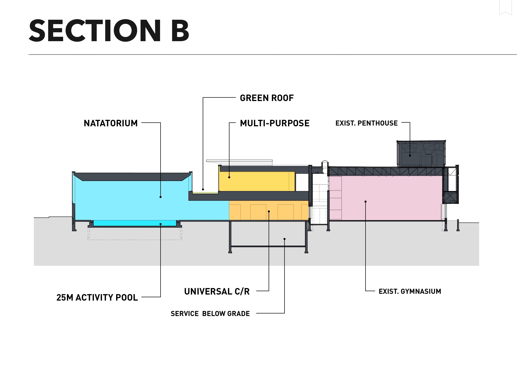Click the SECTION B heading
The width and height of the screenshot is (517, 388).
pos(109,31)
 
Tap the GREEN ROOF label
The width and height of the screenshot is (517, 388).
pos(267,98)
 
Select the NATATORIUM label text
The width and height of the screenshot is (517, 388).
pos(111,123)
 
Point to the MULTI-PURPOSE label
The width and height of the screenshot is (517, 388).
pos(275,123)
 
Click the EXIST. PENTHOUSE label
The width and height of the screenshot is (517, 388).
pos(366,123)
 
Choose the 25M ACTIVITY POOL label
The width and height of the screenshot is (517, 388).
pos(97,298)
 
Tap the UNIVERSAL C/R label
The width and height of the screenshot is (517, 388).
pos(217,292)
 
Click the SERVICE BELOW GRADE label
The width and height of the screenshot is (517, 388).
pos(210,314)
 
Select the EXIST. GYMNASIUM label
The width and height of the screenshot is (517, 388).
pos(410,292)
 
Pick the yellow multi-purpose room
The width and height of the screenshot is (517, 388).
pos(255,182)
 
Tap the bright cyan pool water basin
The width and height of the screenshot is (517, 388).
pos(135,223)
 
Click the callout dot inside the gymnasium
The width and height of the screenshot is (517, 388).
pos(366,202)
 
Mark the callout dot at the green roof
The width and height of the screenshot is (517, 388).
pos(203,189)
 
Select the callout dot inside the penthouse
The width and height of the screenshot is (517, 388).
pos(410,156)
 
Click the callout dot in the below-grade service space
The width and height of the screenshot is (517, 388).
pos(285,239)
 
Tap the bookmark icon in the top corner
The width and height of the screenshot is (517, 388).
pos(506,8)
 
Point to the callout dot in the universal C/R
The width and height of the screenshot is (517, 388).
pos(269,211)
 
